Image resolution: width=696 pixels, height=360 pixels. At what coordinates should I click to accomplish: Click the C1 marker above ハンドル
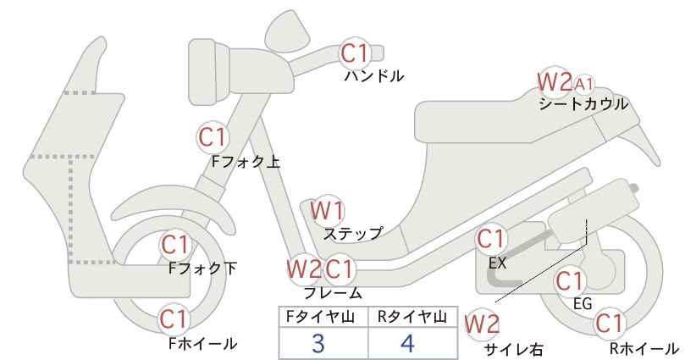pos(355,53)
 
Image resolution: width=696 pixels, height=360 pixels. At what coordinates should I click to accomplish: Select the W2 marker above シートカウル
pos(554,81)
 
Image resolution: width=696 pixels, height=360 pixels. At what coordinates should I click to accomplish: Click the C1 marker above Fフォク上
pos(213,137)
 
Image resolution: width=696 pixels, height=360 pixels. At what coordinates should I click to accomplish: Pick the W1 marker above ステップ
pos(327,210)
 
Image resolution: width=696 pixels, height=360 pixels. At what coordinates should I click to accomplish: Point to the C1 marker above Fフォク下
pos(176,245)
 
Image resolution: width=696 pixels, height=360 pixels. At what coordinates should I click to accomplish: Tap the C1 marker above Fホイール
pos(176,319)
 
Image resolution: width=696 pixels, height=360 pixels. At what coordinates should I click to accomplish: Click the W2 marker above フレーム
pos(304,269)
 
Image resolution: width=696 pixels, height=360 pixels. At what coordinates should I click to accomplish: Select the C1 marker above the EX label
pos(491,239)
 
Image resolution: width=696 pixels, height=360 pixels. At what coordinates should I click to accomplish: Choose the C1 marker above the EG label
pos(570,281)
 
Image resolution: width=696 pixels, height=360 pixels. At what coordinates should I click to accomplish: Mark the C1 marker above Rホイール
pos(610,324)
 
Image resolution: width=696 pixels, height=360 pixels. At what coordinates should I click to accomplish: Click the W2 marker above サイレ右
pos(482,324)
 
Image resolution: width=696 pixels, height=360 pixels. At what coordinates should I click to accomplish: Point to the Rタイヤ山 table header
pos(412,317)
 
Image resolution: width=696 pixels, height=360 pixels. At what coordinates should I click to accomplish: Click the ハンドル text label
pos(374,76)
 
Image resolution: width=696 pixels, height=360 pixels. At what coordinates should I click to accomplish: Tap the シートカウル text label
pos(583,104)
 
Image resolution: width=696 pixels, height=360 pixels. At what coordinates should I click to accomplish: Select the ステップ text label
pos(353,234)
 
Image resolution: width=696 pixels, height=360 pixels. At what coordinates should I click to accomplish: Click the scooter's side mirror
pos(287,28)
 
